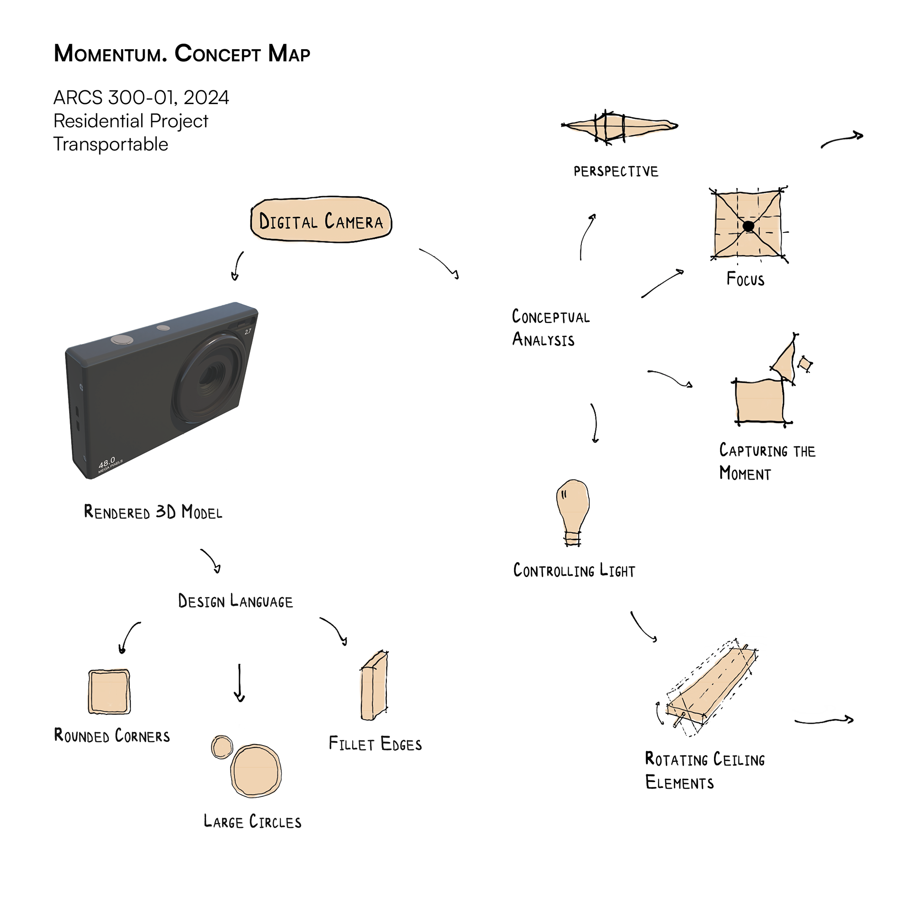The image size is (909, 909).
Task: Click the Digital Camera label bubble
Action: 321,221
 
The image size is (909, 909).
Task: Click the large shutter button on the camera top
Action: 122,339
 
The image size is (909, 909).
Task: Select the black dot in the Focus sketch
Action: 748,226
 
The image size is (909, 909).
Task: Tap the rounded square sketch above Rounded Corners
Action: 109,691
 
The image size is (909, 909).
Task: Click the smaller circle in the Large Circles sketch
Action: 222,747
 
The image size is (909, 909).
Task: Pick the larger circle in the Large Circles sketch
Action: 256,770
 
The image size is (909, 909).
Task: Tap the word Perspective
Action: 615,171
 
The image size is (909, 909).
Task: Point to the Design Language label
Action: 235,601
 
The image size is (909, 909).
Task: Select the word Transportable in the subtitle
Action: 111,144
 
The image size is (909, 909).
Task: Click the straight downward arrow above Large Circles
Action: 240,682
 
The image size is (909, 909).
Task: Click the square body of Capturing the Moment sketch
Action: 759,401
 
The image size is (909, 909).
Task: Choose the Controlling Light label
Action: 574,570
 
